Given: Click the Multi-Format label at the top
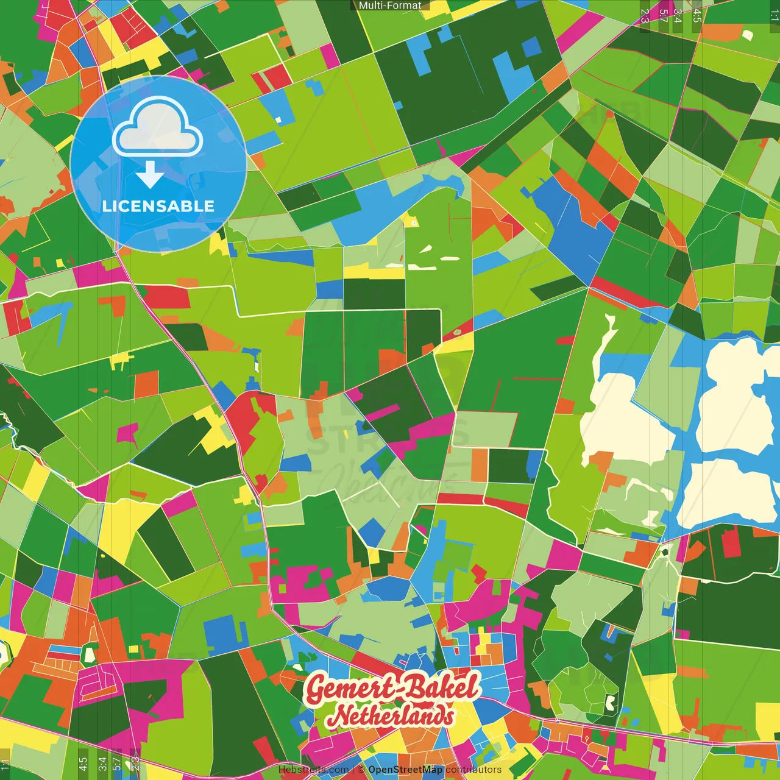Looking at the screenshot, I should click(x=390, y=5).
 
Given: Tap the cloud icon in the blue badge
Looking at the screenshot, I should click(x=158, y=127).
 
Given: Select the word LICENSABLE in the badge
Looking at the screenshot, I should click(x=158, y=206).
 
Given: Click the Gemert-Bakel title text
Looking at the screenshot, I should click(x=392, y=688).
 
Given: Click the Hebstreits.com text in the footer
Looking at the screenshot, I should click(x=313, y=770).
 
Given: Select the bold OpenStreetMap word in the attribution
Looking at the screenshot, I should click(x=405, y=770).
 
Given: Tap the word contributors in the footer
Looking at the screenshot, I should click(x=473, y=770).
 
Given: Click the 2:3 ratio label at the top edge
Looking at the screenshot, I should click(x=645, y=16).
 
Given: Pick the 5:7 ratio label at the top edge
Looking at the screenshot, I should click(x=663, y=16).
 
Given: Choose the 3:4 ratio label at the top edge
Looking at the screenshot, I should click(x=677, y=16).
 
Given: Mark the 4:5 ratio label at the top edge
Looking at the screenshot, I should click(x=697, y=16).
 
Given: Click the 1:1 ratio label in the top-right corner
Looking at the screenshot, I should click(x=774, y=16).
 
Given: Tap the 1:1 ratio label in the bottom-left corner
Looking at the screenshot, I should click(x=5, y=764).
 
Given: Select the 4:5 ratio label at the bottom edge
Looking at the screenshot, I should click(x=83, y=764).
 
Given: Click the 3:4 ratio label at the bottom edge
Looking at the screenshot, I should click(x=102, y=764).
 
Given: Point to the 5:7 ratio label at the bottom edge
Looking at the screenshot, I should click(x=116, y=764).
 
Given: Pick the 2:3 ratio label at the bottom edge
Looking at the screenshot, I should click(x=135, y=764).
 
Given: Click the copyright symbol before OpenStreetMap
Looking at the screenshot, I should click(x=361, y=770).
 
